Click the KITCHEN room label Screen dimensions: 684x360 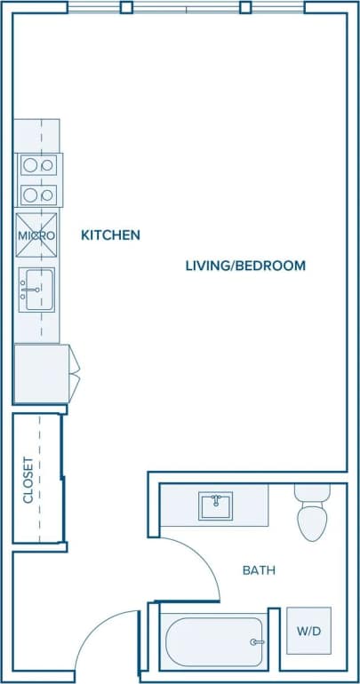tap(110, 235)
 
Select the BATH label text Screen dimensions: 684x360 tap(259, 570)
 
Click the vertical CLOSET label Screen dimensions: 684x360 tap(28, 480)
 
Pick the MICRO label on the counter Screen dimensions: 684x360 tap(36, 236)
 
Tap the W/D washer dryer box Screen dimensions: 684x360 tap(308, 631)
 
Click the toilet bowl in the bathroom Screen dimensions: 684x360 tap(312, 523)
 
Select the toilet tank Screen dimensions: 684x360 tap(312, 492)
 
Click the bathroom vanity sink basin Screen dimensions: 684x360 tap(214, 506)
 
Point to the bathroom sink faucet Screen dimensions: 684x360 tap(214, 498)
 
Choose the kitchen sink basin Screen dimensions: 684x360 tap(38, 290)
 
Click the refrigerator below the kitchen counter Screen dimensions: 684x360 tap(42, 374)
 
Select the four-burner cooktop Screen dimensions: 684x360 tap(38, 180)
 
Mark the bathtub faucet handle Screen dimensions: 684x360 tap(257, 641)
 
